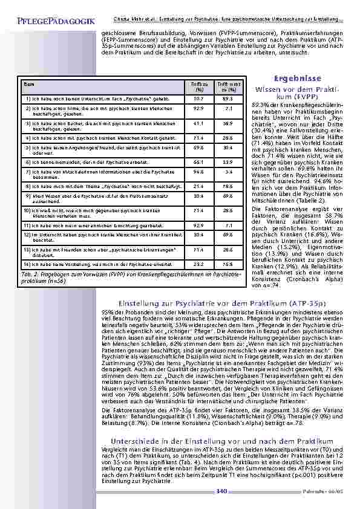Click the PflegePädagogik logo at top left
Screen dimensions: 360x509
coord(51,22)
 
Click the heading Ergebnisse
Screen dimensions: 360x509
coord(292,79)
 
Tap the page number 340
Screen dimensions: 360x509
coord(221,491)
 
